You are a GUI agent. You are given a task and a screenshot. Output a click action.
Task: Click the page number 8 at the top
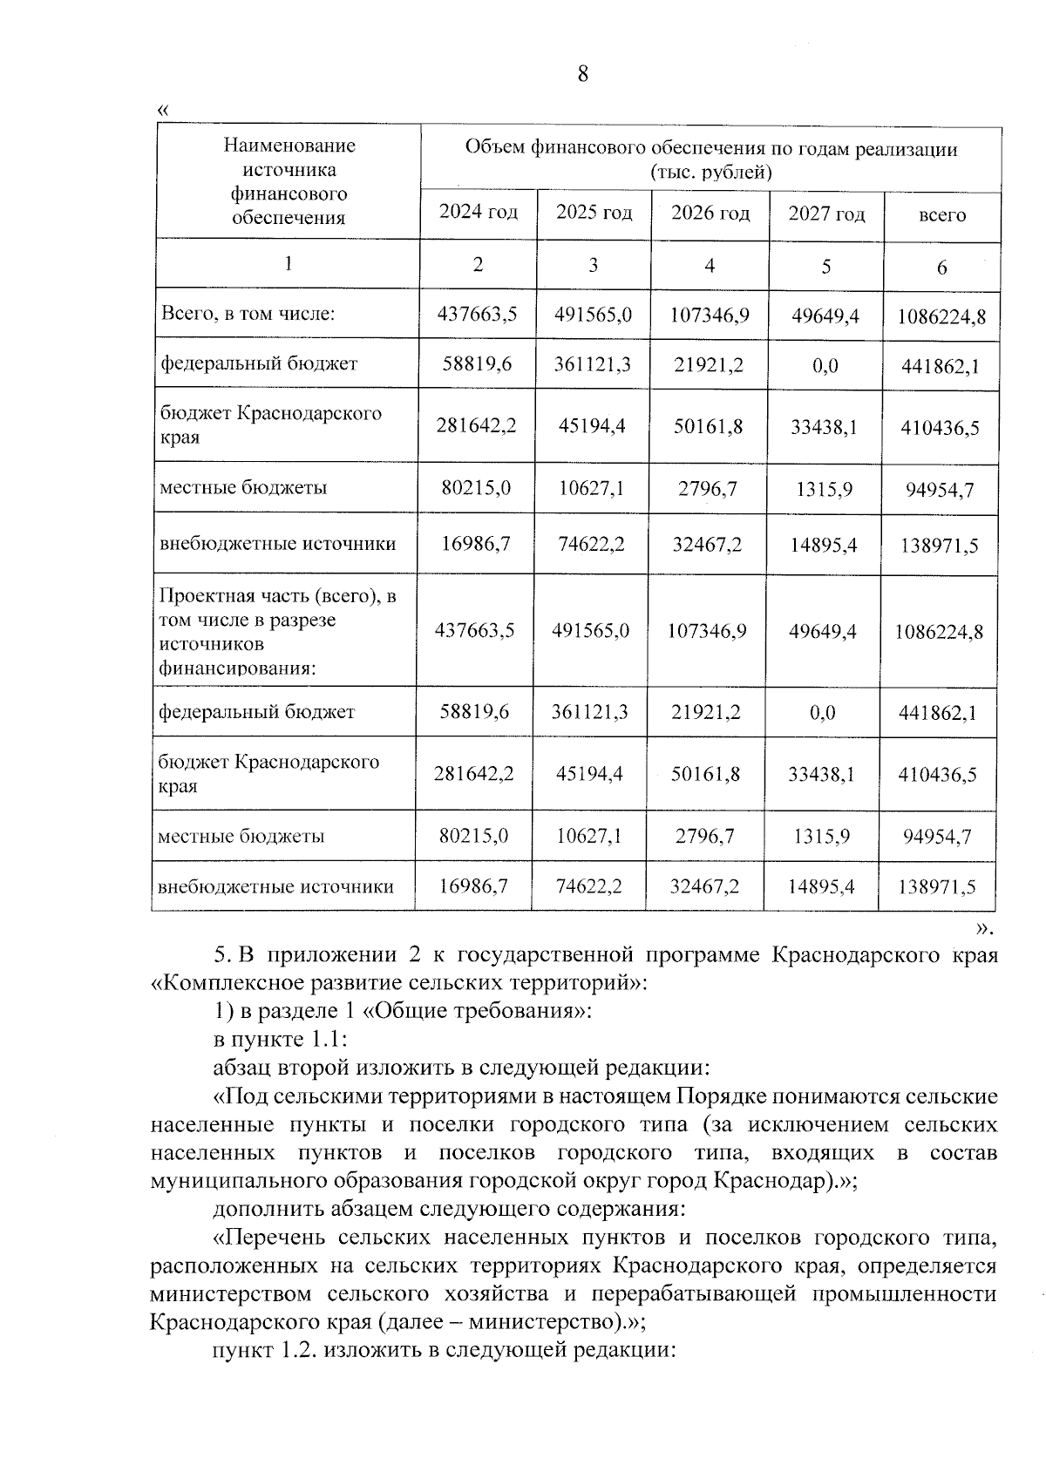(x=583, y=74)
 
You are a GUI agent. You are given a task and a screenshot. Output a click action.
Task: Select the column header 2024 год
(x=478, y=212)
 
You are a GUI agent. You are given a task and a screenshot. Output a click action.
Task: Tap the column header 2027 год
(x=826, y=214)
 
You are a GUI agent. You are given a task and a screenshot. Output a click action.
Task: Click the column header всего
(x=941, y=214)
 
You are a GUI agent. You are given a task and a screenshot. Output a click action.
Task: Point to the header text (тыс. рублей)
(x=711, y=172)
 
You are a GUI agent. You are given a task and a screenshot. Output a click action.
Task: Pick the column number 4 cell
(x=710, y=265)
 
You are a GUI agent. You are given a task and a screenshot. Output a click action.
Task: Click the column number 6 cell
(x=941, y=268)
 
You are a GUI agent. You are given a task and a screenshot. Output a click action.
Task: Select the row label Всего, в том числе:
(x=248, y=313)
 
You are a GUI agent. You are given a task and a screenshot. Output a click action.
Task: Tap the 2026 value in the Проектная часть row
(x=707, y=630)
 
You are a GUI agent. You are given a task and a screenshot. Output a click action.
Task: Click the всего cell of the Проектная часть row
(x=938, y=631)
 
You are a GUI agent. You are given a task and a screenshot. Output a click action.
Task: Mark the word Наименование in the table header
(x=289, y=146)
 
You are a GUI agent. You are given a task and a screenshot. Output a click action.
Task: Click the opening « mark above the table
(x=160, y=111)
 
